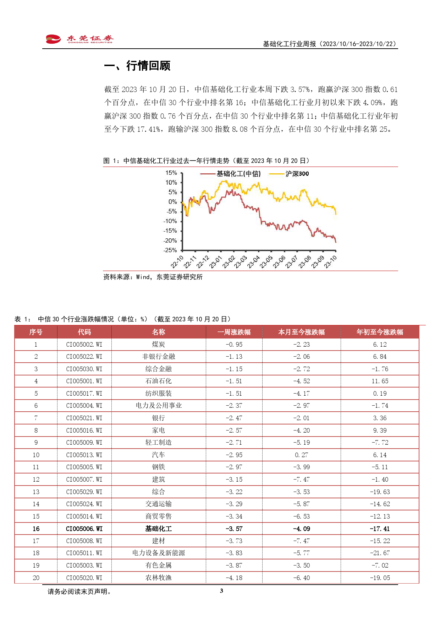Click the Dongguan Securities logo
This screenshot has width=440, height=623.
pyautogui.click(x=79, y=39)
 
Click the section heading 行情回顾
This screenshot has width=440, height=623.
pyautogui.click(x=148, y=66)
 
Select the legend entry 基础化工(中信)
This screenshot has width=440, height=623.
pyautogui.click(x=231, y=174)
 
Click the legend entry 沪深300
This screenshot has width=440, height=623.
pyautogui.click(x=289, y=174)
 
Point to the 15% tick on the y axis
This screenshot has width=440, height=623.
pyautogui.click(x=171, y=173)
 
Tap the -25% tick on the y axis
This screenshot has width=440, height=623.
pyautogui.click(x=170, y=250)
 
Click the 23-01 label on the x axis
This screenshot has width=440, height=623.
pyautogui.click(x=216, y=262)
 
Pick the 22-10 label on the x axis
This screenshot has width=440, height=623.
pyautogui.click(x=177, y=262)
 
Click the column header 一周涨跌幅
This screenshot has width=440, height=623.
pyautogui.click(x=234, y=332)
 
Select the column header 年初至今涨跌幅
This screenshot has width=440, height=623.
pyautogui.click(x=380, y=332)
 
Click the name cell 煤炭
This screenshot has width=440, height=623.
pyautogui.click(x=159, y=345)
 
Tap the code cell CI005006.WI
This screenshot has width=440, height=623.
pyautogui.click(x=84, y=529)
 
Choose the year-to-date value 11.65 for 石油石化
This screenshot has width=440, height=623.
pyautogui.click(x=380, y=381)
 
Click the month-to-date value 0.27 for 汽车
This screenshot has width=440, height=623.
pyautogui.click(x=302, y=455)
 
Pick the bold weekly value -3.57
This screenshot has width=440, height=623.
pyautogui.click(x=234, y=529)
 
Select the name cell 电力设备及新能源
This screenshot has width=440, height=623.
pyautogui.click(x=159, y=553)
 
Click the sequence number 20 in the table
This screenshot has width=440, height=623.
pyautogui.click(x=36, y=578)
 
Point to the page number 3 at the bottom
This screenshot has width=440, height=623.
pyautogui.click(x=221, y=591)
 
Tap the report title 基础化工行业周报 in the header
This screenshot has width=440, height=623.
pyautogui.click(x=290, y=44)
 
